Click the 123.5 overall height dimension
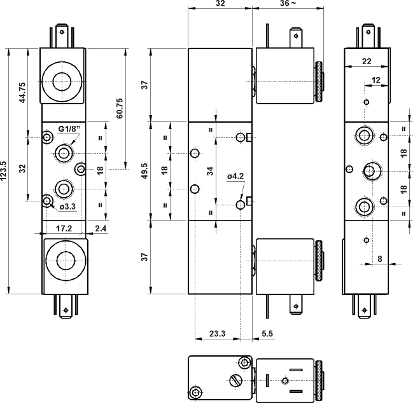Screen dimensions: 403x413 (x=6, y=171)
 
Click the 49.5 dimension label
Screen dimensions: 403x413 (x=144, y=171)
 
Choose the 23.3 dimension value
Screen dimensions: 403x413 (x=217, y=332)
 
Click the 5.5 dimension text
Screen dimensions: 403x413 (x=267, y=332)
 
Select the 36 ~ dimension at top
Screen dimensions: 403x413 (x=288, y=4)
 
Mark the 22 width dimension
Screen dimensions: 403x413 (x=367, y=61)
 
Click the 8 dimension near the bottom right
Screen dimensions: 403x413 (x=380, y=258)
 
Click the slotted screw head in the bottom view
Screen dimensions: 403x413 (x=234, y=381)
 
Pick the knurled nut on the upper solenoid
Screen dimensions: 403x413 (x=319, y=81)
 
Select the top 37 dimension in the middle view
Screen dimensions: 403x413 (x=145, y=85)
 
